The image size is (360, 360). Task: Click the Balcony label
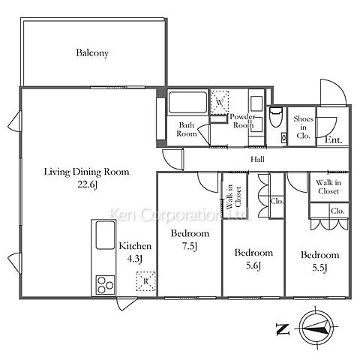pos(92,53)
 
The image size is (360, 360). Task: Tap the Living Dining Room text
pos(86,172)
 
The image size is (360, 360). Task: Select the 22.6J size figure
pos(87,185)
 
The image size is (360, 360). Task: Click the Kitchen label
pos(135,246)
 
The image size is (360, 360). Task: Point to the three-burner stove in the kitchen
pos(106,285)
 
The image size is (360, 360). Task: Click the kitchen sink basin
pos(106,235)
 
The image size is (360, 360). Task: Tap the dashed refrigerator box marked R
pos(146,281)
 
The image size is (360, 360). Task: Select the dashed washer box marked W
pos(220,103)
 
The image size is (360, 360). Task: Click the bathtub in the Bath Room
pos(187,103)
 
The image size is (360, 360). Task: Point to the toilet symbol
pos(276,117)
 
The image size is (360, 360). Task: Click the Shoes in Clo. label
pos(303,127)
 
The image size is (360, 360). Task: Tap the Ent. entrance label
pos(333,140)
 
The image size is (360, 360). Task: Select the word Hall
pos(257,159)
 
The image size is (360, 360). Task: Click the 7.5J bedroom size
pos(190,247)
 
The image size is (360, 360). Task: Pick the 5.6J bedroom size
pos(253,265)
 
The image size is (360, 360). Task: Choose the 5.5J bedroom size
pos(319,268)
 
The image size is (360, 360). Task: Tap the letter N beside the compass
pos(283,329)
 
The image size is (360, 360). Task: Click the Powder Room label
pos(242,121)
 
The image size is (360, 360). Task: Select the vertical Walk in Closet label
pos(233,197)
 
